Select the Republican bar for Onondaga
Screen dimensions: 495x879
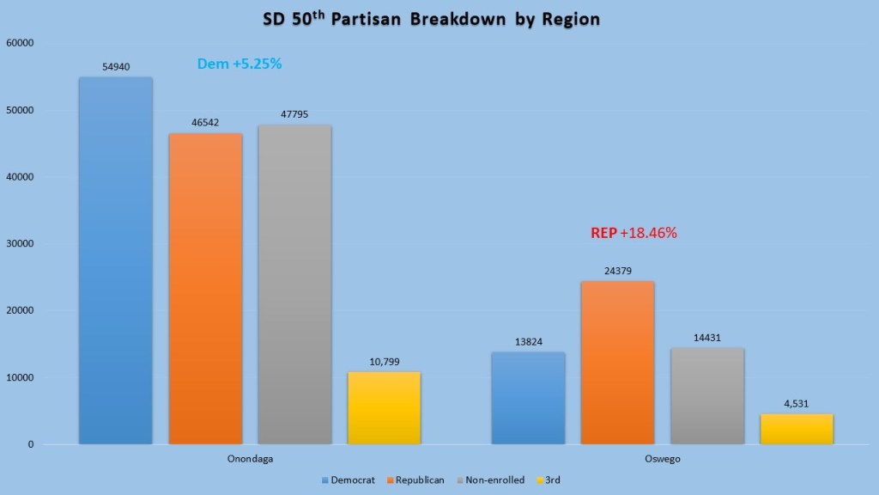(205, 289)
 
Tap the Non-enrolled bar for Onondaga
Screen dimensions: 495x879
(294, 284)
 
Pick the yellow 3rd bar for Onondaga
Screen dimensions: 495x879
(384, 408)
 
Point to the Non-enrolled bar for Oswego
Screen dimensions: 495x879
(707, 396)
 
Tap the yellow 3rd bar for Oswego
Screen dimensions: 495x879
(797, 429)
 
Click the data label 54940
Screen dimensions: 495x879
(115, 66)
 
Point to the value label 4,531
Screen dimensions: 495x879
(797, 404)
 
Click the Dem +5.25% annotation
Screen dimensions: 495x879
(239, 64)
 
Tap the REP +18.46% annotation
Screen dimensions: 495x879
(634, 232)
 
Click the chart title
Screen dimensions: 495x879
(439, 19)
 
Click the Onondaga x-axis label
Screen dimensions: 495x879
(249, 460)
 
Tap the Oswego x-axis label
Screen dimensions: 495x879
(662, 460)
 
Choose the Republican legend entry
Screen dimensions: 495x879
(419, 480)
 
